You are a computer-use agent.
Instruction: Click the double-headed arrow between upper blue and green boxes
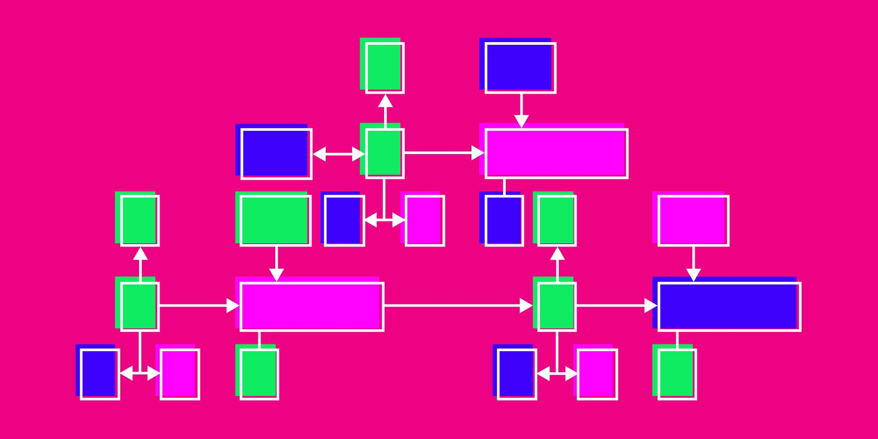coord(338,154)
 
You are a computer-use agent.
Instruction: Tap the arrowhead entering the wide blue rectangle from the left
coord(650,305)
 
